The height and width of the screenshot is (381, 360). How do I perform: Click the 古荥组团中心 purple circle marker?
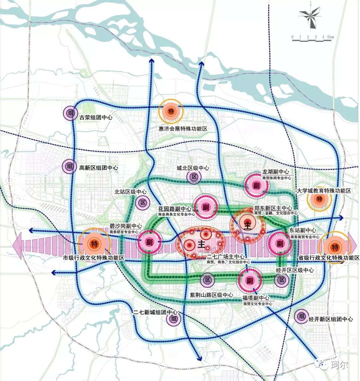point(70,113)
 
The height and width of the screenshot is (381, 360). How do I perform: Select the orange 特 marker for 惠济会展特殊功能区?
point(171,111)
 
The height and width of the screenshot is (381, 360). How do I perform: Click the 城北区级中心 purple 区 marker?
point(194,177)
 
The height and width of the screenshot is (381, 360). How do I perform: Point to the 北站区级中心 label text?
point(130,192)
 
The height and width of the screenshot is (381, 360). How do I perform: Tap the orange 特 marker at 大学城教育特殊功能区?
point(319,199)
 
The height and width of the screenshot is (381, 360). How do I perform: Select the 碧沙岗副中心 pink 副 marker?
point(149,242)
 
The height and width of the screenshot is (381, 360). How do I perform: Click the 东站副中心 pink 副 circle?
point(280,244)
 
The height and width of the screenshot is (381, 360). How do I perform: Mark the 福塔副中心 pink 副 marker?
point(249,280)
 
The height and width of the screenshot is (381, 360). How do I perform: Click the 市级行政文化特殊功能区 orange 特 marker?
point(95,244)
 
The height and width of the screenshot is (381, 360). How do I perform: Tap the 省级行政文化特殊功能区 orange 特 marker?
point(335,247)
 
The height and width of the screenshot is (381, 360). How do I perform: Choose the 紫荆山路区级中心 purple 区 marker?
point(207,280)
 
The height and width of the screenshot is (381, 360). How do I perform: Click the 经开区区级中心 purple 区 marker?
point(282,280)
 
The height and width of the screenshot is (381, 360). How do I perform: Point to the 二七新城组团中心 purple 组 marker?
point(173,319)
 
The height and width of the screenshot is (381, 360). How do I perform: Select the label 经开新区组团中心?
point(330,319)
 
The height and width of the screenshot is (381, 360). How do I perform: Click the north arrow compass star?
point(310,17)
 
